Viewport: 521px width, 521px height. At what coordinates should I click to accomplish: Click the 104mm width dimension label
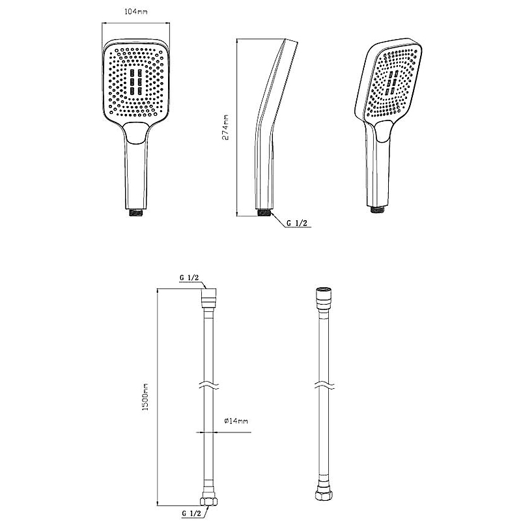pos(136,12)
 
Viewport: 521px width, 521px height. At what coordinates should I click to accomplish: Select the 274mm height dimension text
pos(225,128)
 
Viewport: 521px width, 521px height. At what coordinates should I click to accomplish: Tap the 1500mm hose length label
pos(145,397)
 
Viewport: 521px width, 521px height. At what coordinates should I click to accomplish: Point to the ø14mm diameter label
pos(236,421)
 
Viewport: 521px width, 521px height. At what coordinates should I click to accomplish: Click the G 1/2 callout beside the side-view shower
pos(297,223)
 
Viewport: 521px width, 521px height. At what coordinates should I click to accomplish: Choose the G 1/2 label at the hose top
pos(189,278)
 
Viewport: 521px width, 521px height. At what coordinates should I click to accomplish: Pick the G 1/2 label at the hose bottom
pos(191,514)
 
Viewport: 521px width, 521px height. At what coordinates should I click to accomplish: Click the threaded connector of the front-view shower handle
pos(136,212)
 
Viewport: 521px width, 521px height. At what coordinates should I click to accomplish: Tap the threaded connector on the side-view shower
pos(264,212)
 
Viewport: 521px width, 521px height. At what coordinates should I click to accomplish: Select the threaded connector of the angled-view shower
pos(378,209)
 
